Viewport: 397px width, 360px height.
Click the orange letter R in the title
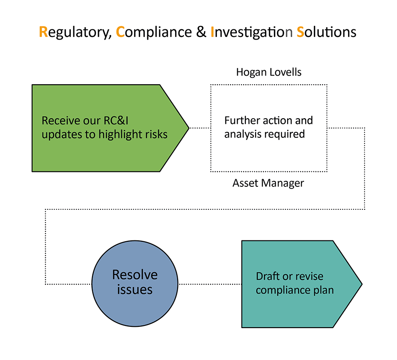click(x=43, y=32)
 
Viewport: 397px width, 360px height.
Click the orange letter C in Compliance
click(x=120, y=32)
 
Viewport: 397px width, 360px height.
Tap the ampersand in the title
click(x=201, y=32)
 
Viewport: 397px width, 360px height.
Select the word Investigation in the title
click(x=251, y=32)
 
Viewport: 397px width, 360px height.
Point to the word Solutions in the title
click(x=326, y=32)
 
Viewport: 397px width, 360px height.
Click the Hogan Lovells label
click(x=269, y=72)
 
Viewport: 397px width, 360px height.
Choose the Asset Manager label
click(x=268, y=183)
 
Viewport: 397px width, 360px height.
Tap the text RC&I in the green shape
click(x=116, y=120)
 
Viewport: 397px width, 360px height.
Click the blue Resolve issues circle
click(x=135, y=283)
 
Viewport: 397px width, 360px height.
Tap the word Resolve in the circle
click(x=135, y=275)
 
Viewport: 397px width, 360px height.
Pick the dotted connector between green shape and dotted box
click(x=200, y=128)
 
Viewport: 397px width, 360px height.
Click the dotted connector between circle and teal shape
click(x=210, y=284)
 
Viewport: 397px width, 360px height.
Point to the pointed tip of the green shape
click(x=189, y=128)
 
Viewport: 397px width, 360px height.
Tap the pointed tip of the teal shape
click(x=362, y=284)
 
